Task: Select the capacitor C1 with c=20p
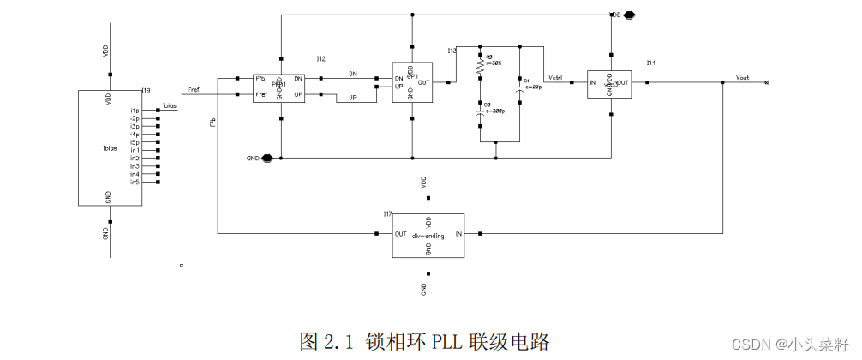click(x=519, y=84)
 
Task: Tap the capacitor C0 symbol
click(x=480, y=111)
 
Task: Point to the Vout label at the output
click(x=742, y=77)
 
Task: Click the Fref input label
click(x=194, y=89)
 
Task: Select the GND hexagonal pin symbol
click(x=268, y=158)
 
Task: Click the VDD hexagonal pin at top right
click(x=629, y=15)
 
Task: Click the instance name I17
click(x=387, y=213)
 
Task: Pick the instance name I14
click(x=650, y=63)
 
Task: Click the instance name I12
click(x=320, y=59)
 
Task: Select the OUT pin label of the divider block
click(x=400, y=234)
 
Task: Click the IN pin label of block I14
click(x=593, y=83)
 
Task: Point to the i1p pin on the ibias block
click(x=135, y=111)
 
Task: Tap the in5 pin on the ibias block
click(x=135, y=182)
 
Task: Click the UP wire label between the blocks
click(x=351, y=98)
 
